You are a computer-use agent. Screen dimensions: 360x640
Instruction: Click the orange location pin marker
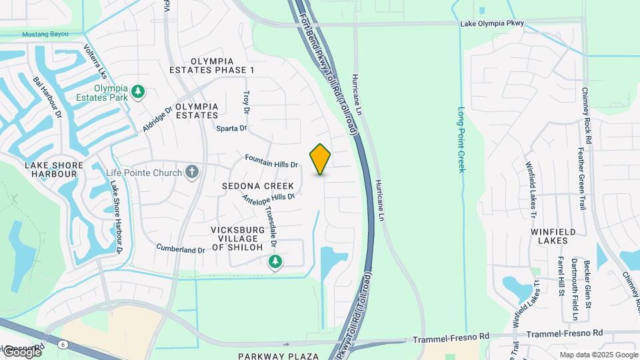point(321,159)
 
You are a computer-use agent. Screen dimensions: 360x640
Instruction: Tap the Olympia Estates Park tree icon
point(138,91)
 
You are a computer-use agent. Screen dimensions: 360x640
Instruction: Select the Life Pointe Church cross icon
point(192,173)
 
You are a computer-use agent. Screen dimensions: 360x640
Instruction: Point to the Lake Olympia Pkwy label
point(492,24)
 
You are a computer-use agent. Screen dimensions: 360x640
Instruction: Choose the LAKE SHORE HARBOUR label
point(54,169)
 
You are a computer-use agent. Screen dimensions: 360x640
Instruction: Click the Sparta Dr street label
point(231,128)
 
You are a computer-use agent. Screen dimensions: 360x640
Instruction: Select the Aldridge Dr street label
point(157,118)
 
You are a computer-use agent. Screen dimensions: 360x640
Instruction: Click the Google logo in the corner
point(22,351)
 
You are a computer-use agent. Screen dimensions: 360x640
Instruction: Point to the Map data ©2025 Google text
point(598,355)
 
